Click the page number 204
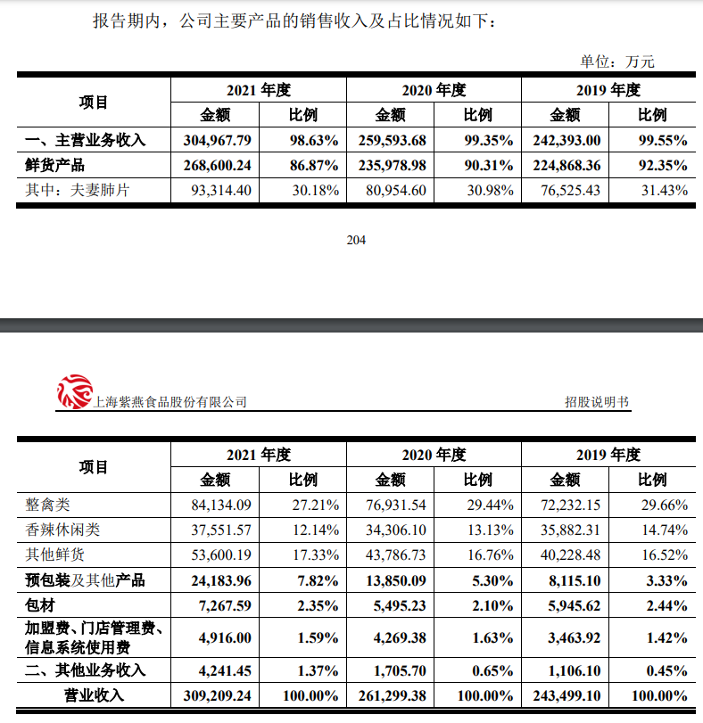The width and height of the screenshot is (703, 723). click(356, 240)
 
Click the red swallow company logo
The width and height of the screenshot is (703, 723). click(74, 392)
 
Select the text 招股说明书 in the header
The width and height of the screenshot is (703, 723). click(596, 402)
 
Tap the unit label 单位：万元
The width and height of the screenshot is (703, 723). click(617, 62)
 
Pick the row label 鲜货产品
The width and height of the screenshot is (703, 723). click(56, 165)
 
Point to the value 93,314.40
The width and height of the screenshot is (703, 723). click(221, 190)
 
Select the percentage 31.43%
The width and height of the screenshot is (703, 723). click(664, 190)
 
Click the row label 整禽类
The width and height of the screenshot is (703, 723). click(47, 505)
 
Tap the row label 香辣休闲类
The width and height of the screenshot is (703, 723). click(62, 530)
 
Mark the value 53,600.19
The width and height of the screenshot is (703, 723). click(221, 555)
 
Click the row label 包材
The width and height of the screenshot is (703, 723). click(40, 605)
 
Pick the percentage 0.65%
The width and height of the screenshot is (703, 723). click(491, 670)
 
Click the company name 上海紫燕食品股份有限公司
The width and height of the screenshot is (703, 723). click(170, 402)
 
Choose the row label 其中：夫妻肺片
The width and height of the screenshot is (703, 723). click(78, 190)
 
